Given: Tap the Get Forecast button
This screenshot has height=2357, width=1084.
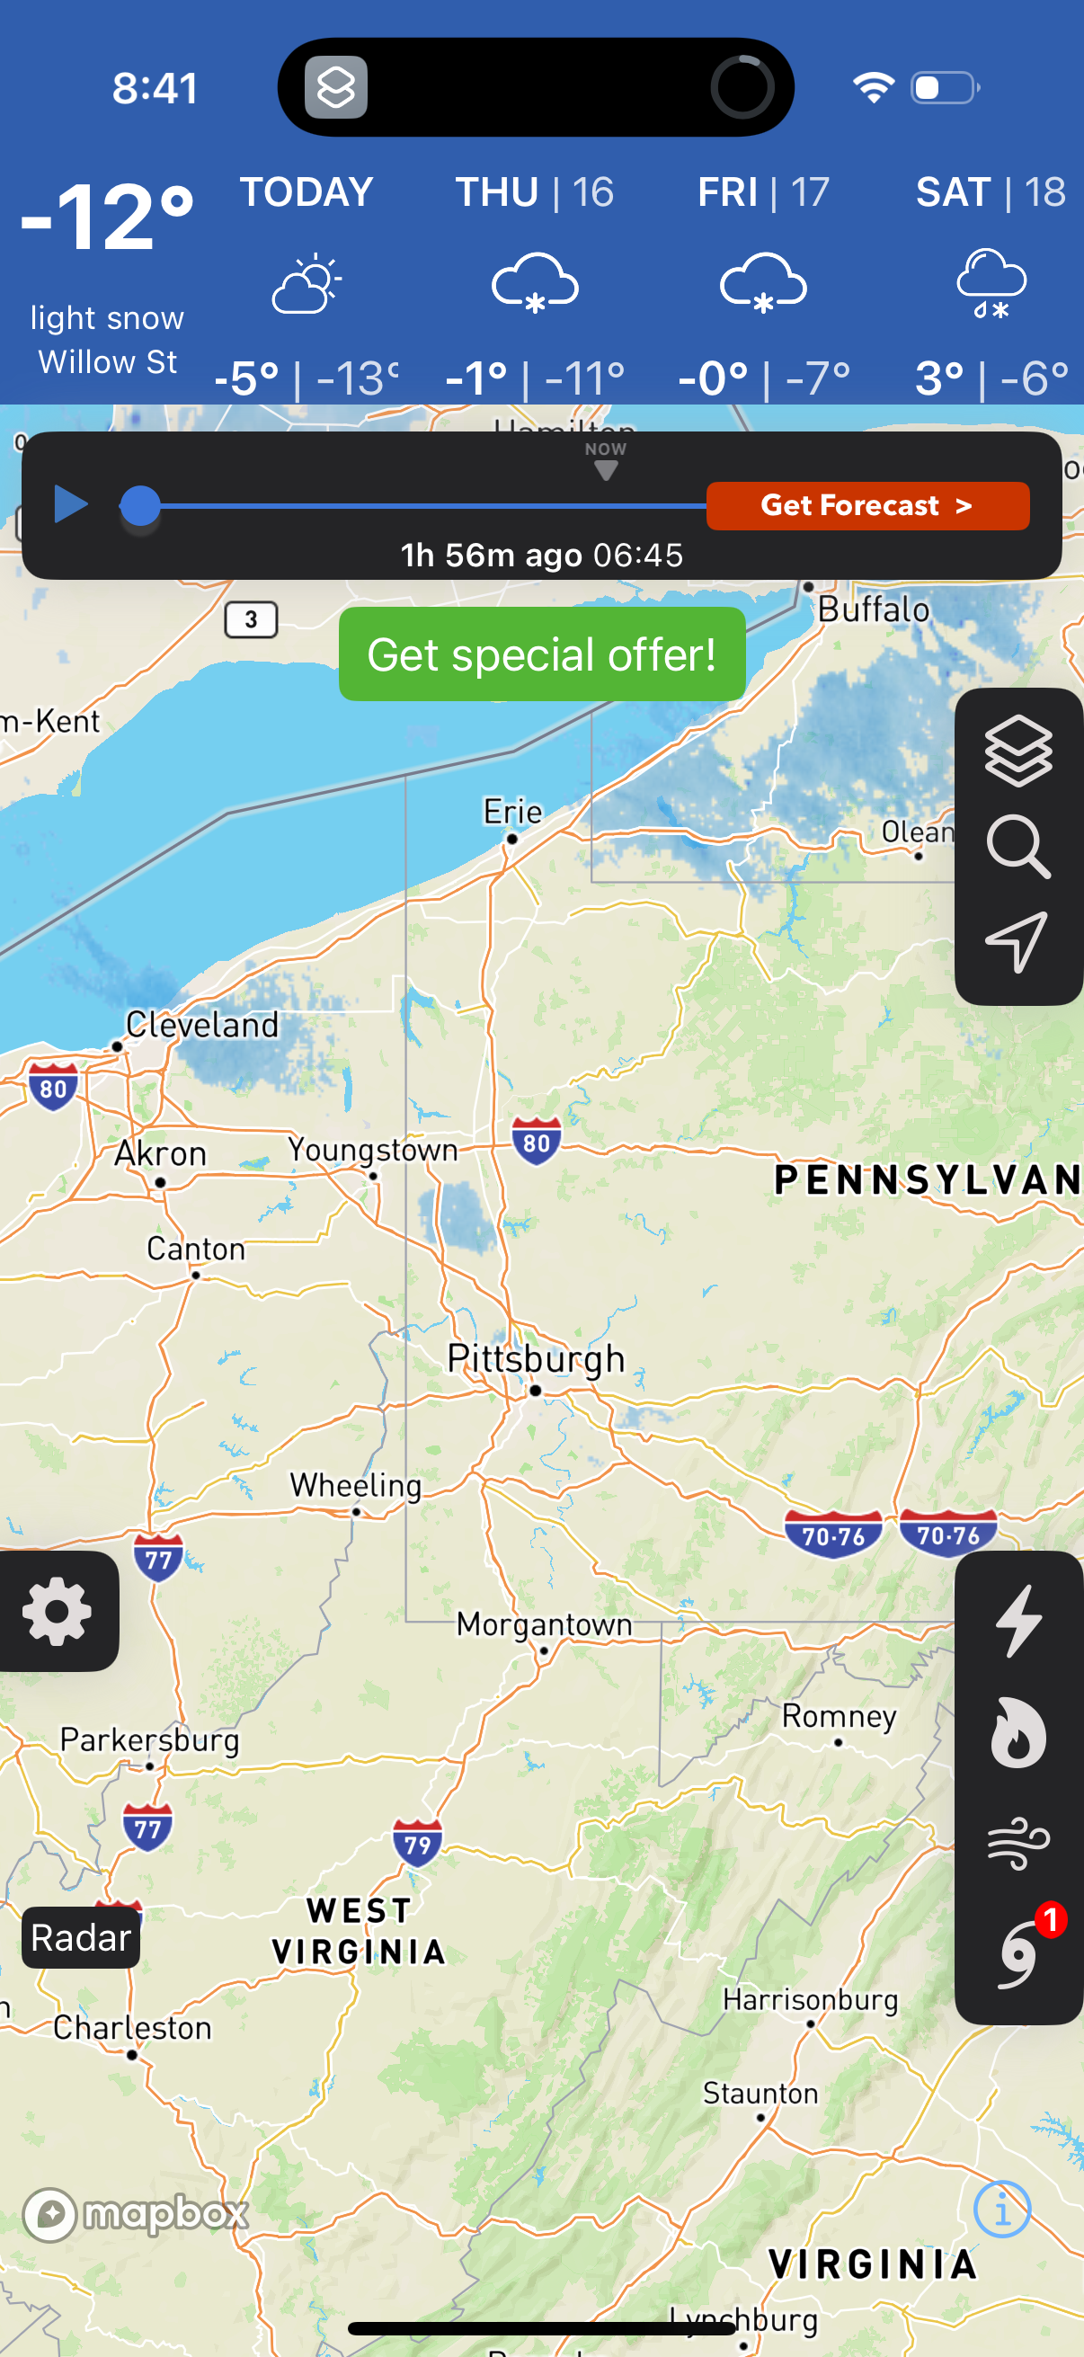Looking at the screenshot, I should pos(866,506).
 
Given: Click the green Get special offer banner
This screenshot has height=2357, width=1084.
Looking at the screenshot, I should pos(541,654).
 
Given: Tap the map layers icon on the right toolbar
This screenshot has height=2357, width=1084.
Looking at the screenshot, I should pos(1017,752).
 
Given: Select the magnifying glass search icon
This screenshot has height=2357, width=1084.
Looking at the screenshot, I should pos(1017,847).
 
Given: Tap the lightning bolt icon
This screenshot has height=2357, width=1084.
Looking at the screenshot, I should pos(1018,1621).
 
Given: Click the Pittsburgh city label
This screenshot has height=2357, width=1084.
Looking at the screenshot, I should pos(535,1360).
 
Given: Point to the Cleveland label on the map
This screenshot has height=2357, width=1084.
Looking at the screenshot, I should pos(201,1025).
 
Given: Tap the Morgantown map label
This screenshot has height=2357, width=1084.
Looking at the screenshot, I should pos(545,1624).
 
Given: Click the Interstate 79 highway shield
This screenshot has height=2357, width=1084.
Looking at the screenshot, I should pos(417,1844).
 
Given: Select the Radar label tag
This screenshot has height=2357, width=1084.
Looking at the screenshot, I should pos(81,1937).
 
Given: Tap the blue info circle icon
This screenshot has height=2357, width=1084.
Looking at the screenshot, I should pos(1001,2210).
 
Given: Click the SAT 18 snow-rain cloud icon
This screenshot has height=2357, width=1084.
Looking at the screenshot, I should pos(991,284).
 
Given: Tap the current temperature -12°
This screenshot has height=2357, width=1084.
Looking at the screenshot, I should pos(107,218).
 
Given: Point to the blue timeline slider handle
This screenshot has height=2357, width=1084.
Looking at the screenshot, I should pos(140,506).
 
